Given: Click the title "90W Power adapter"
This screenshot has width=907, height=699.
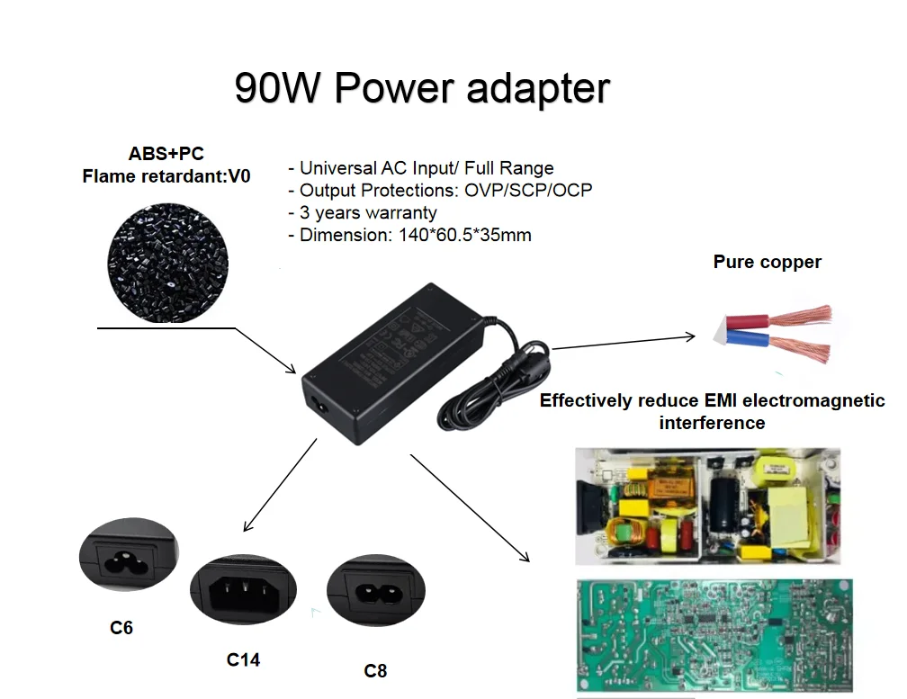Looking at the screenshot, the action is [422, 89].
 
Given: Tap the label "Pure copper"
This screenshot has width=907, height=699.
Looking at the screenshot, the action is [767, 263].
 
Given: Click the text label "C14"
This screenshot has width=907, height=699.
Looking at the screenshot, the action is [243, 659].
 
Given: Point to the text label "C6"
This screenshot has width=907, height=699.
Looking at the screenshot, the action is [121, 628].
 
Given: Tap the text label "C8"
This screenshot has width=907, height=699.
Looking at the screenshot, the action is [375, 670].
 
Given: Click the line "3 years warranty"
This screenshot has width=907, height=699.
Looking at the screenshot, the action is [363, 213].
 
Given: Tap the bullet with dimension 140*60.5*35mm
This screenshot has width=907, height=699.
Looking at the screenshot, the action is [409, 236].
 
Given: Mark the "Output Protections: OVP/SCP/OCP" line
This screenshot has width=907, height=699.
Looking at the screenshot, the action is [440, 191].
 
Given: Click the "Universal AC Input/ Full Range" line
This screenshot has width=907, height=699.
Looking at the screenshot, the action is [420, 168].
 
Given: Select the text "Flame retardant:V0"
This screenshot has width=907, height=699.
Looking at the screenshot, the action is [166, 176].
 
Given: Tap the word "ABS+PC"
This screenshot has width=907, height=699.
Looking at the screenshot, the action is [166, 154].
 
